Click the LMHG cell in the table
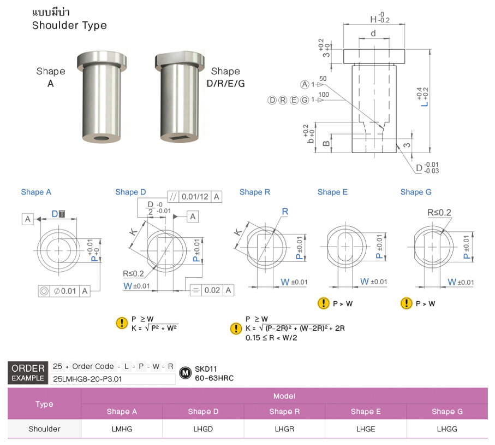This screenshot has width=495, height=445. [121, 429]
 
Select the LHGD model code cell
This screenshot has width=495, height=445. [203, 429]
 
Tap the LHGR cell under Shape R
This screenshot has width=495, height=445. [284, 429]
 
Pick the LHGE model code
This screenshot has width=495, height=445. [366, 429]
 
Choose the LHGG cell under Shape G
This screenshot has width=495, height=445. [447, 429]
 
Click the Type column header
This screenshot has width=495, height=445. [44, 404]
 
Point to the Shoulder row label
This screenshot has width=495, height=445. [44, 429]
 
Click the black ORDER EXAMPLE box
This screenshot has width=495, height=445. [28, 373]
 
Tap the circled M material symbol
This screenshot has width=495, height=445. [186, 373]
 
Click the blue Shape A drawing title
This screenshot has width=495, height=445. [36, 192]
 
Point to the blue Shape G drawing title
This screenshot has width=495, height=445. [415, 192]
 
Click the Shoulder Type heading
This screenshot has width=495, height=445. [69, 26]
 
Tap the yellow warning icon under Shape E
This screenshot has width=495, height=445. [324, 303]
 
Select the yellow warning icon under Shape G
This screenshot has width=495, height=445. [406, 303]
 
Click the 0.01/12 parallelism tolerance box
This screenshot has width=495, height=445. [194, 197]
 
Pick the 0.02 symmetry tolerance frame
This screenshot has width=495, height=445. [212, 290]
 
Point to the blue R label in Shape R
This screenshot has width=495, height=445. [285, 212]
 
